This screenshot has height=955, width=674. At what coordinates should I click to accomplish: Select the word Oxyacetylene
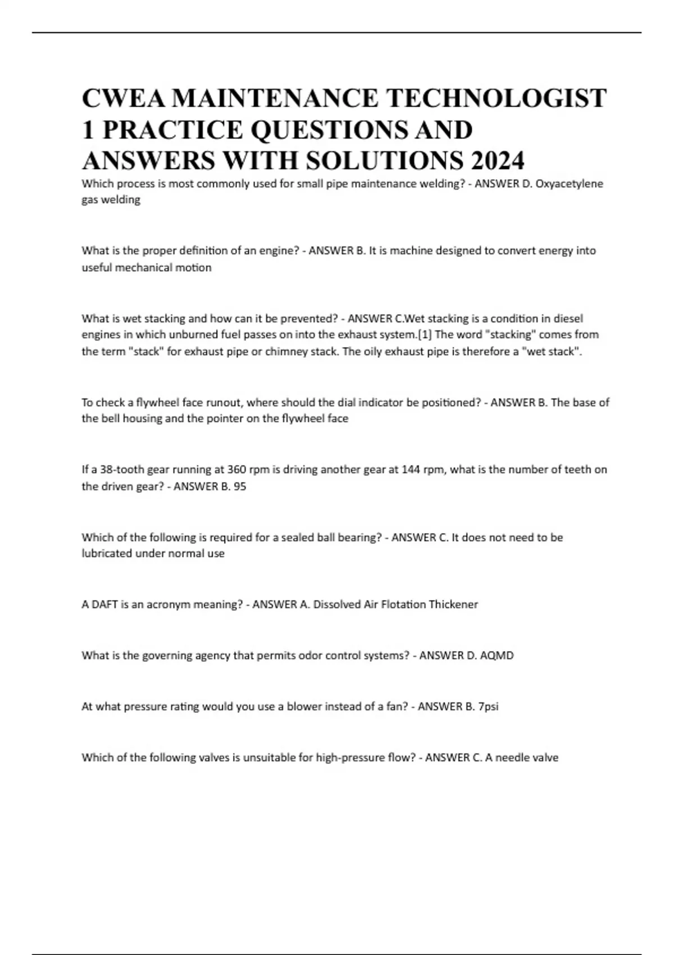coord(570,184)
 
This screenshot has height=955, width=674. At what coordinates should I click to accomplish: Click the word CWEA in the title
coord(122,98)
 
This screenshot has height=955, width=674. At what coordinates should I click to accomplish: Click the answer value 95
coord(240,486)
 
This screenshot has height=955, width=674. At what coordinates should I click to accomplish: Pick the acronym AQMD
coord(497,656)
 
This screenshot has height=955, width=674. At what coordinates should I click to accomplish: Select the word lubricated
coord(107,554)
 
